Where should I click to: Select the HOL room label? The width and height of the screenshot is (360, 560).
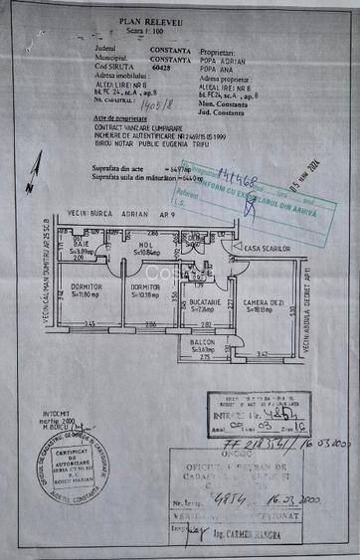click(x=146, y=243)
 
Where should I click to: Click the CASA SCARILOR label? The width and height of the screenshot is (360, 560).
click(x=267, y=248)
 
